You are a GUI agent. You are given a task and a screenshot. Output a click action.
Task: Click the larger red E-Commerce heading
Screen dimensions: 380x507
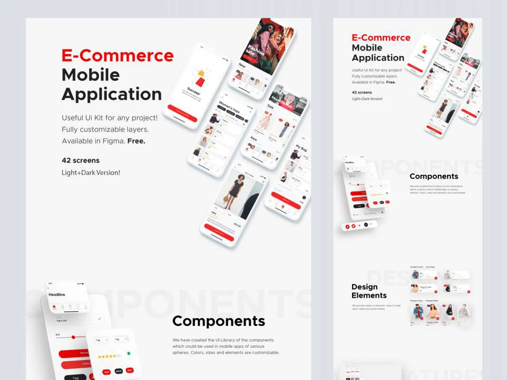117,56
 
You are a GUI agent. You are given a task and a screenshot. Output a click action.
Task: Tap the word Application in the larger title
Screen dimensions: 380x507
112,94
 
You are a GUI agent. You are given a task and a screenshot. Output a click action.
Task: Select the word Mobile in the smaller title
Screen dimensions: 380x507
367,47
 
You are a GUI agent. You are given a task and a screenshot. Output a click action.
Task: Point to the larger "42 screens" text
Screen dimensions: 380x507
80,161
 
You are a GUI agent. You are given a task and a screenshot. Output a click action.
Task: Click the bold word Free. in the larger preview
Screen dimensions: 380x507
136,141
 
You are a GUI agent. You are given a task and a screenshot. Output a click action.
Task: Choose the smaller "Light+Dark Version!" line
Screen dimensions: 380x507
367,99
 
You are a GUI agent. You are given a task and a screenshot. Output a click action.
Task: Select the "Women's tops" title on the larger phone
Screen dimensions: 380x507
229,107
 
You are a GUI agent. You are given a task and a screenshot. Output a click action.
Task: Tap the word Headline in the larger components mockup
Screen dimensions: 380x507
57,294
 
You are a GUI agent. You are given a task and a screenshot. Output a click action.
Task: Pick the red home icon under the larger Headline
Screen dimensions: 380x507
54,307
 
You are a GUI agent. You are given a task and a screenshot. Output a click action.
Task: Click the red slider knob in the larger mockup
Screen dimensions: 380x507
73,337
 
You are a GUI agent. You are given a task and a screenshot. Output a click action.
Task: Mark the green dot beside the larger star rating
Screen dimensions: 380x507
129,354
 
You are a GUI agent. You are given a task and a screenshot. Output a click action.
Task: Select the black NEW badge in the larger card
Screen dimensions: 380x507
118,371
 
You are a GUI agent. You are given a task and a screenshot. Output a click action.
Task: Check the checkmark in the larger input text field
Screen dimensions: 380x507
99,319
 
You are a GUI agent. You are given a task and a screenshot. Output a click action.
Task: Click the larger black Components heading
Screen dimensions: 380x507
219,321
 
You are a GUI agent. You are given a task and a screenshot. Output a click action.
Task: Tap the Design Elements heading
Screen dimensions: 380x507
369,291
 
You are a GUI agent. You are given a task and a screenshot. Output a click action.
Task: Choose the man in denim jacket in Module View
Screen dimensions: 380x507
418,312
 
